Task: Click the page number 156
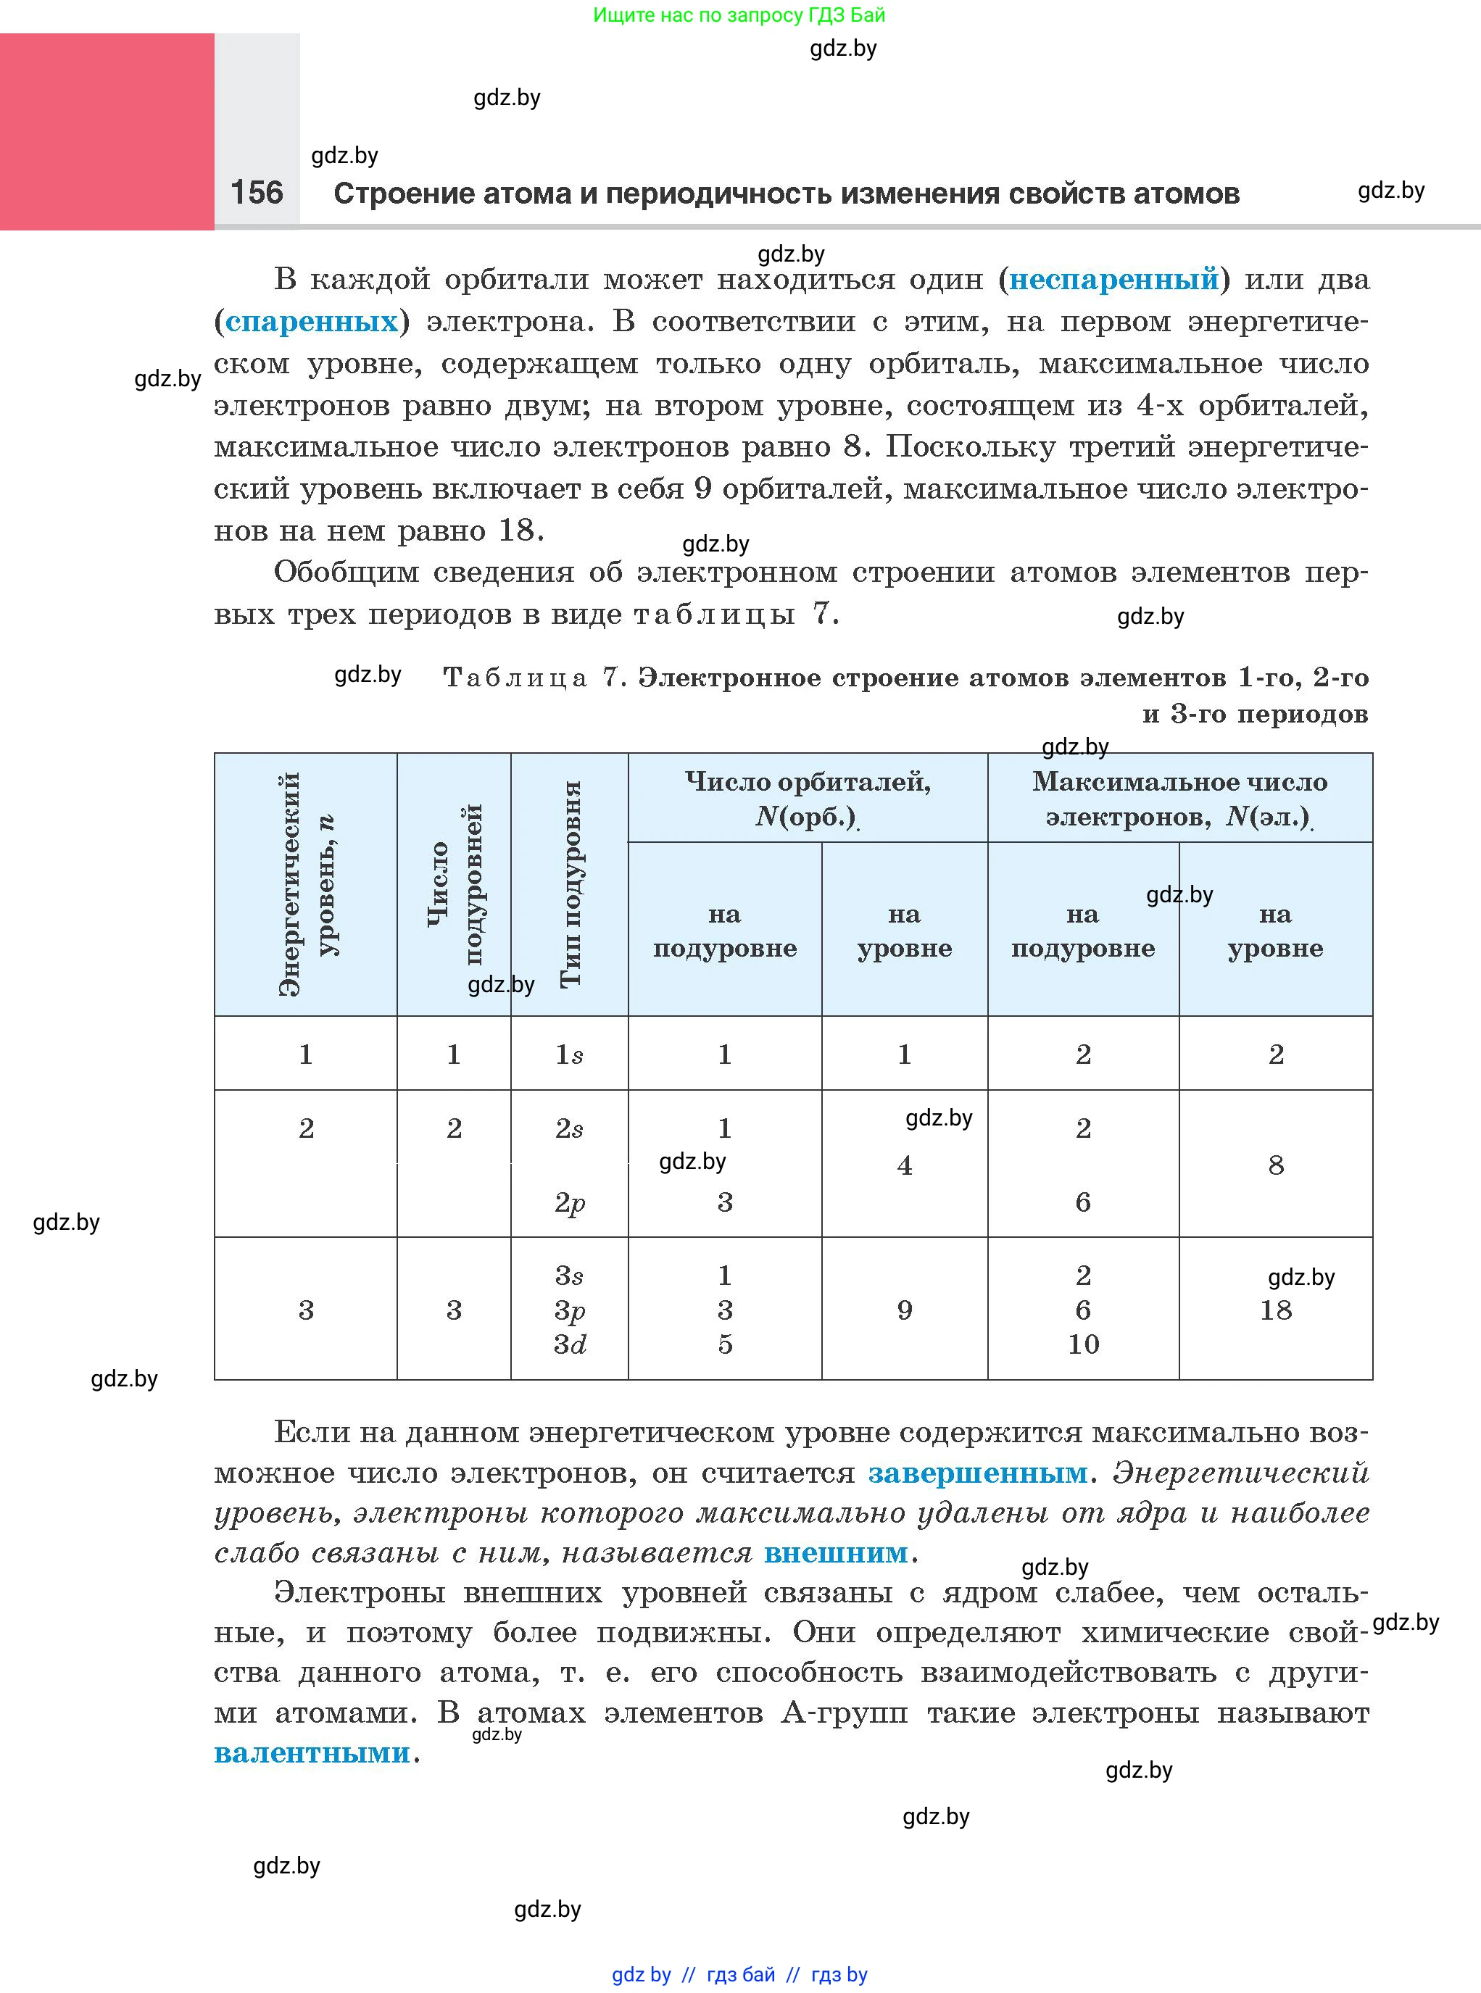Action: pyautogui.click(x=257, y=192)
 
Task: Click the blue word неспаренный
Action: pyautogui.click(x=1114, y=280)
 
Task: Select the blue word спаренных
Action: pyautogui.click(x=311, y=322)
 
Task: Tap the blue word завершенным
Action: pyautogui.click(x=977, y=1473)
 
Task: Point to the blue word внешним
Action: pyautogui.click(x=836, y=1552)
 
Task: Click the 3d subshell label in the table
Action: pyautogui.click(x=569, y=1344)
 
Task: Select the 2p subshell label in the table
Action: pyautogui.click(x=569, y=1202)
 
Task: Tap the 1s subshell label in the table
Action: pyautogui.click(x=569, y=1054)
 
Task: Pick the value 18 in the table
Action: pyautogui.click(x=1275, y=1310)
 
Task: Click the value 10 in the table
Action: pyautogui.click(x=1083, y=1344)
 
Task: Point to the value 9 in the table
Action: pyautogui.click(x=905, y=1310)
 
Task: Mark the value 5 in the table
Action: pyautogui.click(x=725, y=1344)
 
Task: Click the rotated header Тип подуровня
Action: pyautogui.click(x=571, y=883)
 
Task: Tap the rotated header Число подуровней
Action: pyautogui.click(x=455, y=883)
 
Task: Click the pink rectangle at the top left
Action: pyautogui.click(x=107, y=132)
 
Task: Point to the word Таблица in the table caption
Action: pyautogui.click(x=515, y=678)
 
